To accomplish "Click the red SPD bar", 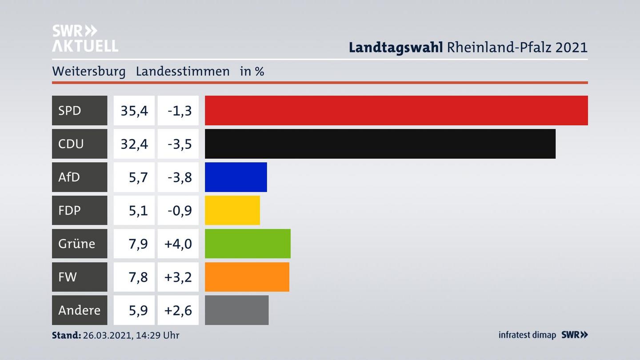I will (x=396, y=110).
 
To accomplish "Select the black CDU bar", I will (x=380, y=144).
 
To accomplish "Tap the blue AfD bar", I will (x=236, y=177).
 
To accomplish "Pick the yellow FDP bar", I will (x=232, y=210).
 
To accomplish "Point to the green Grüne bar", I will (x=248, y=244).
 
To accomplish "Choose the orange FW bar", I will (x=247, y=277).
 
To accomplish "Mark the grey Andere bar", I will (x=236, y=310).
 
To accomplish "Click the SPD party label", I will (x=70, y=110).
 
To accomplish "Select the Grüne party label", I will (x=76, y=244).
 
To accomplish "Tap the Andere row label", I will (x=79, y=310).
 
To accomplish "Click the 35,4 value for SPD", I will (x=134, y=110).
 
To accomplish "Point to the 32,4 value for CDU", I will (x=134, y=144).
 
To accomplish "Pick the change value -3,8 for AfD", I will (x=180, y=177).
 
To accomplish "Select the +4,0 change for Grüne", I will (x=178, y=244).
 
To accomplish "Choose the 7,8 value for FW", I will (x=138, y=277).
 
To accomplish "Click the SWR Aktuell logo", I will (x=85, y=38).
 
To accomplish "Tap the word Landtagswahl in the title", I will (x=396, y=47).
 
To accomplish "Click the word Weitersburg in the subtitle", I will (x=89, y=71).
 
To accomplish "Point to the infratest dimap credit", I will (x=527, y=335).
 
